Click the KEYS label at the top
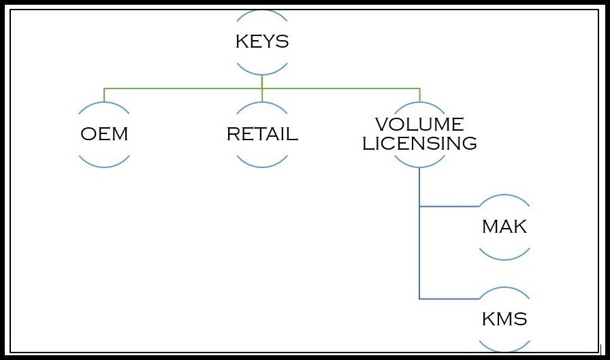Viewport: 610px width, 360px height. tap(262, 42)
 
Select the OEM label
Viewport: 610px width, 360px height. tap(104, 134)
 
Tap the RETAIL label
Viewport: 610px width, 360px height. tap(262, 134)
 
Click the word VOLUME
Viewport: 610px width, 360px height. tap(419, 125)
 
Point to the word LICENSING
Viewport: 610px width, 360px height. tap(419, 144)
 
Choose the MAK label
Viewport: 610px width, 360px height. tap(504, 227)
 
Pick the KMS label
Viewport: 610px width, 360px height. tap(504, 319)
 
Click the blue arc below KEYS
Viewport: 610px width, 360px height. tap(262, 71)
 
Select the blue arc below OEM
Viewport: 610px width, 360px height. tap(104, 164)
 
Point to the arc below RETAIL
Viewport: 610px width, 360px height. tap(262, 164)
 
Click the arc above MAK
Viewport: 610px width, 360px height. tap(504, 197)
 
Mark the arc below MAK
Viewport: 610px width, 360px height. tap(504, 257)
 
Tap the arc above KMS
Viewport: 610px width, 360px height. tap(504, 290)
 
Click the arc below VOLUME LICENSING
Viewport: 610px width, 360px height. tap(419, 165)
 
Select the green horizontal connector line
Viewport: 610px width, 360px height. tap(184, 88)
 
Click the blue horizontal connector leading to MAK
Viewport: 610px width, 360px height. tap(449, 206)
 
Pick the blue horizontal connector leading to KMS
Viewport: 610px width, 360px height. tap(449, 299)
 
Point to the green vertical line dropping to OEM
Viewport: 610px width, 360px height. tap(104, 95)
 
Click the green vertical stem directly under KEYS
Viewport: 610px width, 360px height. tap(262, 81)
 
